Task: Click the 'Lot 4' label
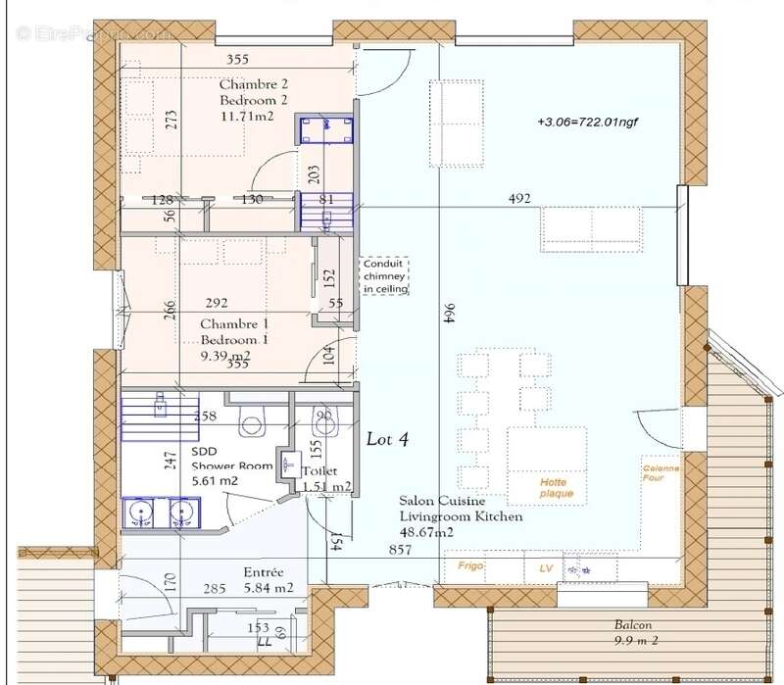pyautogui.click(x=387, y=440)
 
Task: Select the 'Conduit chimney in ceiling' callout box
pyautogui.click(x=385, y=276)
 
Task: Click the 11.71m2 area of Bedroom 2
pyautogui.click(x=246, y=116)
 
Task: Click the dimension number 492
pyautogui.click(x=519, y=199)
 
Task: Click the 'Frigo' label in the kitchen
pyautogui.click(x=471, y=566)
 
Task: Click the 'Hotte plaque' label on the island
pyautogui.click(x=555, y=488)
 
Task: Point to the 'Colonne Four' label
pyautogui.click(x=661, y=474)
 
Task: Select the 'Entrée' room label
pyautogui.click(x=264, y=571)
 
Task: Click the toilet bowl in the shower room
pyautogui.click(x=253, y=423)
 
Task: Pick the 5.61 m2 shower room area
pyautogui.click(x=216, y=481)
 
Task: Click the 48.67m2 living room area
pyautogui.click(x=426, y=532)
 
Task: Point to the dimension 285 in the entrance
pyautogui.click(x=216, y=590)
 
